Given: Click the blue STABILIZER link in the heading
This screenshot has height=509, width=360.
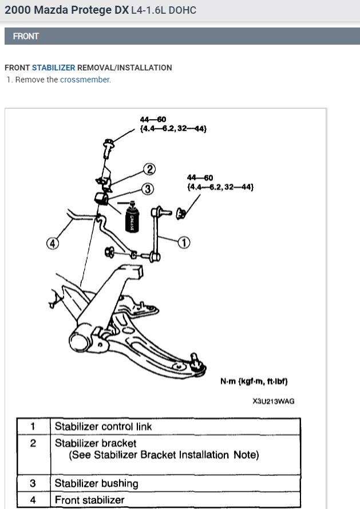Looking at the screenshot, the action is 53,68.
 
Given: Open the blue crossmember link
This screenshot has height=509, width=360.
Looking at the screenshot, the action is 85,80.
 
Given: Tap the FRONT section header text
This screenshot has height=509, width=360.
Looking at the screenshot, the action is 26,36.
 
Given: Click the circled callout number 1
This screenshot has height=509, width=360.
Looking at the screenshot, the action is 184,243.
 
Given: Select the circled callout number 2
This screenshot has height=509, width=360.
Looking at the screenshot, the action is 149,168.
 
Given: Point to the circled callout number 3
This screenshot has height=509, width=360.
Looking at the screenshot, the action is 147,188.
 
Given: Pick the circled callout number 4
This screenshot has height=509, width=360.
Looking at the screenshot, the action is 53,243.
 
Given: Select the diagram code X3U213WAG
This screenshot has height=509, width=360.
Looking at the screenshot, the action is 273,401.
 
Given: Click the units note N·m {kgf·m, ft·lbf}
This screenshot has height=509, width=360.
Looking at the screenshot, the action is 253,381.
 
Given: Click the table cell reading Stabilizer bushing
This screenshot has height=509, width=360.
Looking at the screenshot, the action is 96,483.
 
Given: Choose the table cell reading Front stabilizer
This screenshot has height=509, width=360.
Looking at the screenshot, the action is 89,500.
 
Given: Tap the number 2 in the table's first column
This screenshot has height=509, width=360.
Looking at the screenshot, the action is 33,443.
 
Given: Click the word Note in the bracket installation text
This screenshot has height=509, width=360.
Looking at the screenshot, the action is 246,455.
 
